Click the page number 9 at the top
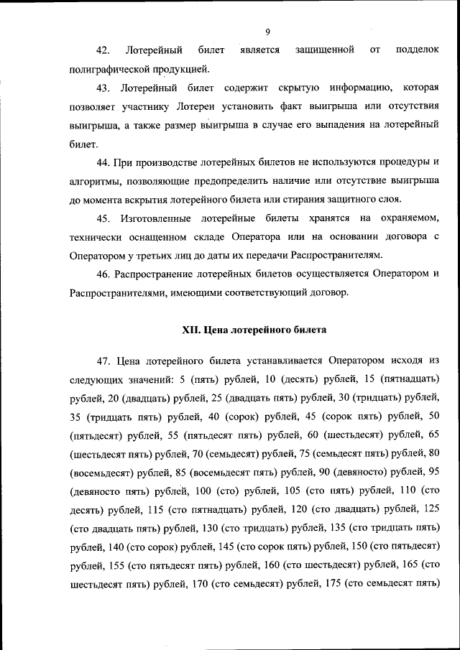(267, 32)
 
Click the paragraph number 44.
(103, 162)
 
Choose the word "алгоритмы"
(95, 181)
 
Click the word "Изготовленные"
(160, 218)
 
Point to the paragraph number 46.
(103, 274)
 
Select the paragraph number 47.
(103, 360)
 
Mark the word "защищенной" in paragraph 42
(324, 51)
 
